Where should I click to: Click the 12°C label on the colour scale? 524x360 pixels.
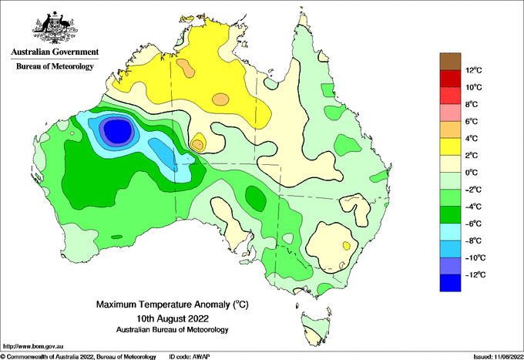[474, 70]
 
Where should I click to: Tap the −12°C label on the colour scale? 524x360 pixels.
[475, 274]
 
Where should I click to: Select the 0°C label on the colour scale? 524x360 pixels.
[472, 173]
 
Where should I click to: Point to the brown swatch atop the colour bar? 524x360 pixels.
[450, 61]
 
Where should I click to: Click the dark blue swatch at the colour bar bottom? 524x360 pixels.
[450, 283]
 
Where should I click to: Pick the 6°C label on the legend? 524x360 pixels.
[472, 121]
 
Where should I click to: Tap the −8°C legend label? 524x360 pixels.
[474, 241]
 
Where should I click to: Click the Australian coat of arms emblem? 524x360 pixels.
[55, 28]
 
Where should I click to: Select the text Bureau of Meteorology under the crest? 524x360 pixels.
[55, 66]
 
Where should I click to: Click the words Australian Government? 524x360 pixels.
[55, 52]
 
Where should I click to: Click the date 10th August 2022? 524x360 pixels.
[173, 318]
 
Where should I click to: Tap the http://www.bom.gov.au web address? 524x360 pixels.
[32, 346]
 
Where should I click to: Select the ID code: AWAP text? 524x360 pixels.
[190, 357]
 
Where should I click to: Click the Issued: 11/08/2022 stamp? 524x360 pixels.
[499, 357]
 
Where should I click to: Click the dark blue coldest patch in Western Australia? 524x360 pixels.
[117, 130]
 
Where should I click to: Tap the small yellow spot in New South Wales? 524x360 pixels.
[347, 246]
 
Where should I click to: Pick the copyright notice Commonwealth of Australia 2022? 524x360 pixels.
[78, 357]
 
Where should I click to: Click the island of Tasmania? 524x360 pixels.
[316, 328]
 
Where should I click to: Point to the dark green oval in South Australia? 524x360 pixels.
[256, 199]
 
